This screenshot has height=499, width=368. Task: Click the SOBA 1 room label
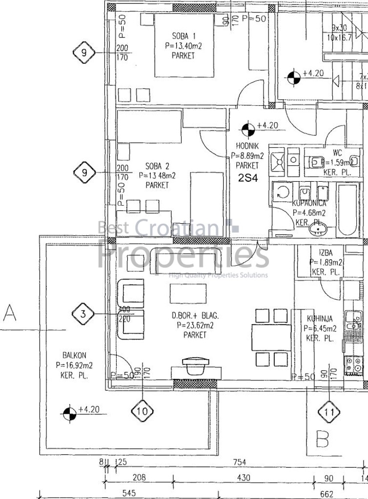[x=184, y=36]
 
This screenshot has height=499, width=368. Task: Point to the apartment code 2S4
[x=247, y=178]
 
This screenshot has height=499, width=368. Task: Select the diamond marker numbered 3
[x=83, y=314]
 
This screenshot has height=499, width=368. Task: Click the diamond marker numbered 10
[x=142, y=411]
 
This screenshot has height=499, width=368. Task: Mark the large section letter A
[x=10, y=313]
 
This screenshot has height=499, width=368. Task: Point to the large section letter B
[x=322, y=439]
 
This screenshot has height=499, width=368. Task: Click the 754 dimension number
[x=239, y=462]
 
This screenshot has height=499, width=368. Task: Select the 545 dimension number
[x=129, y=493]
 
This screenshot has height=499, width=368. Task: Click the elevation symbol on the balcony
[x=70, y=414]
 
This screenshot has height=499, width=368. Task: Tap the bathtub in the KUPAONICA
[x=348, y=210]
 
